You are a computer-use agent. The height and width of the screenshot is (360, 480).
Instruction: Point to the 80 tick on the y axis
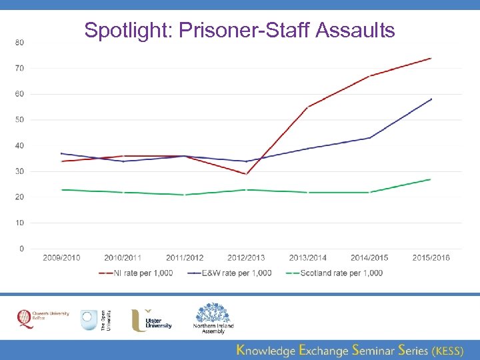(x=19, y=43)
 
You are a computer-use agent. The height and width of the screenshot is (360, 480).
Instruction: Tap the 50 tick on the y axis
(x=19, y=120)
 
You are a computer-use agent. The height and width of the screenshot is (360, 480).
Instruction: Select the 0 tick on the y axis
(x=21, y=249)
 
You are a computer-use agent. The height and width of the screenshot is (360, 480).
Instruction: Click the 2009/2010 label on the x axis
(x=61, y=258)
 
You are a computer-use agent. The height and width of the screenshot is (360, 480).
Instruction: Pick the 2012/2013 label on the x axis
(x=247, y=258)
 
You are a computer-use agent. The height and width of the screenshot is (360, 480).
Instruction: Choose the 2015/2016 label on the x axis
(x=431, y=258)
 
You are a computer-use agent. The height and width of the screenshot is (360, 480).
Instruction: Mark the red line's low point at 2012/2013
(x=247, y=174)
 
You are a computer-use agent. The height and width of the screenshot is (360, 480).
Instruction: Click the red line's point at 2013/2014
(x=308, y=107)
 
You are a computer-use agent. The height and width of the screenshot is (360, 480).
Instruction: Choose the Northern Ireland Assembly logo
(x=213, y=319)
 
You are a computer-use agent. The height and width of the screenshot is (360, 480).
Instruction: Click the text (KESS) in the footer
(x=447, y=349)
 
